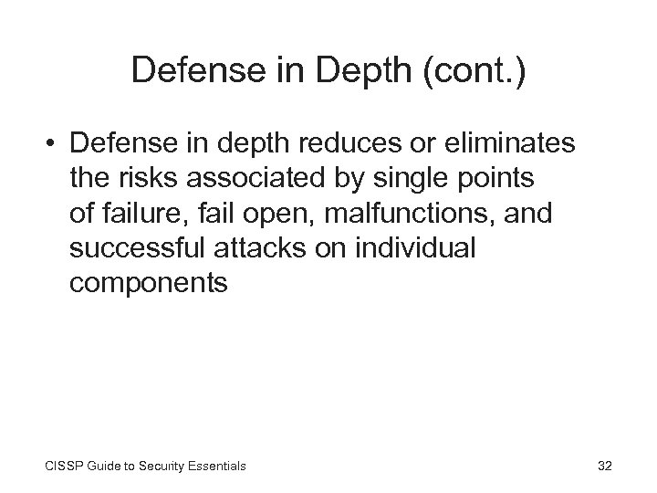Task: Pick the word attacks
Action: (260, 248)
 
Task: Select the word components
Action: (148, 283)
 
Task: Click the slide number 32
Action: (604, 466)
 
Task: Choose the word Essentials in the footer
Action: (215, 467)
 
